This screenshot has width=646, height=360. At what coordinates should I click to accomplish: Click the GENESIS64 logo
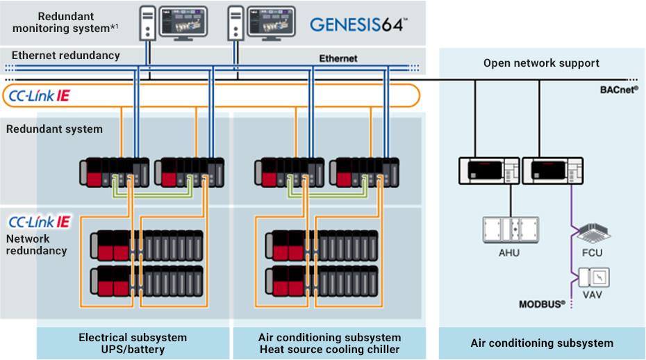pos(357,24)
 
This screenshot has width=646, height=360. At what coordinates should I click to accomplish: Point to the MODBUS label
pos(542,304)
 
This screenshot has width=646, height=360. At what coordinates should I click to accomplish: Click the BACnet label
pos(619,90)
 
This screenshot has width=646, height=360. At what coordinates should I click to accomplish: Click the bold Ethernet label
pos(338,58)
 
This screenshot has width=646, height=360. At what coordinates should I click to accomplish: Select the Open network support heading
pos(541,63)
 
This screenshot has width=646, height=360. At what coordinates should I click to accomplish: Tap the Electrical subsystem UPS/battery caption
pos(133,343)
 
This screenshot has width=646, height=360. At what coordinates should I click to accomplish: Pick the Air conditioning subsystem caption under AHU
pos(542,343)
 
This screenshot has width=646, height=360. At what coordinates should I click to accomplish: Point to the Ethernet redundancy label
pos(66,55)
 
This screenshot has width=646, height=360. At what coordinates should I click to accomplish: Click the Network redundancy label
pos(37,245)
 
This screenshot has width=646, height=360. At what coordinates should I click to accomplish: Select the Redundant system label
pos(54,129)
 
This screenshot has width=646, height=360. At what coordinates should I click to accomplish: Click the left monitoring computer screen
pos(183,21)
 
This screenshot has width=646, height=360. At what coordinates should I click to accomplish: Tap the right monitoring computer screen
pos(273,21)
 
